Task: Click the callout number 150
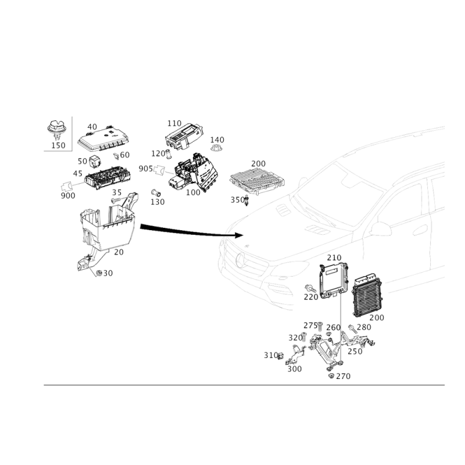(58, 145)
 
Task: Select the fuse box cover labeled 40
(103, 139)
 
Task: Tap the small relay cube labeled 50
(94, 161)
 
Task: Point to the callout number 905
(146, 169)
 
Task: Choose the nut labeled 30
(99, 273)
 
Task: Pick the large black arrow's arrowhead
(239, 235)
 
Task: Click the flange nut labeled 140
(216, 148)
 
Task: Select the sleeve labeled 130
(156, 193)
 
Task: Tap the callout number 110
(174, 123)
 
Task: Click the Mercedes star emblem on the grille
(240, 260)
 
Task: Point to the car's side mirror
(381, 228)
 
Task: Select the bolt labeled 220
(310, 288)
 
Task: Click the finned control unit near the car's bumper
(367, 296)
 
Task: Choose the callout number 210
(334, 257)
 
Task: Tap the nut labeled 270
(331, 375)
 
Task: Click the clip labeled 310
(281, 356)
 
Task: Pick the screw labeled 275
(320, 327)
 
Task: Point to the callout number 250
(355, 352)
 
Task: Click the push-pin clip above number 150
(56, 130)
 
